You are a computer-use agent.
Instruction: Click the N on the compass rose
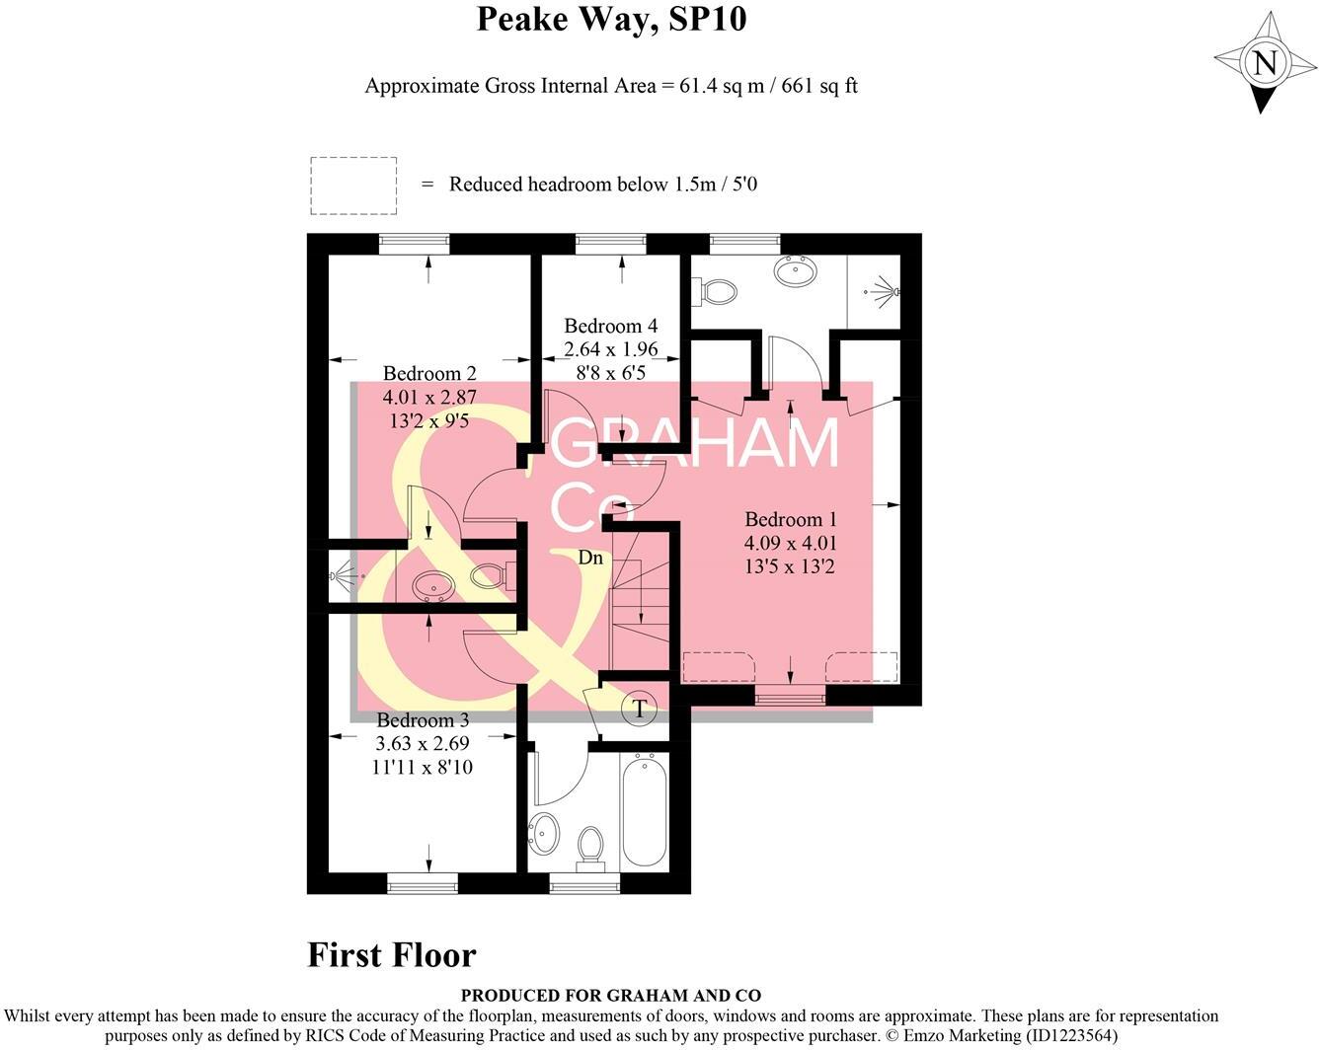click(x=1264, y=63)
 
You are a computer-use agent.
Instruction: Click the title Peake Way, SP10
click(x=611, y=19)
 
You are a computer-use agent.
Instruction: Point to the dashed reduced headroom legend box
click(x=353, y=186)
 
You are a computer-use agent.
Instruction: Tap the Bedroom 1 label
click(x=790, y=519)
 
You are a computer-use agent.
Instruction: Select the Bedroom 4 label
click(x=610, y=326)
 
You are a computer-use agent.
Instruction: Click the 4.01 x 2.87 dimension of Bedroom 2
click(x=429, y=397)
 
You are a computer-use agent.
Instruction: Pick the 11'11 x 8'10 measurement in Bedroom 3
click(x=423, y=767)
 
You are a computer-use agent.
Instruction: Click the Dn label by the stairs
click(x=589, y=558)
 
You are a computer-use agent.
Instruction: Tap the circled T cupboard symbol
click(x=640, y=708)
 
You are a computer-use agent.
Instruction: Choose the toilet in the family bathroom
click(x=590, y=848)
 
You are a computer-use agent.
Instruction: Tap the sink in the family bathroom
click(x=543, y=834)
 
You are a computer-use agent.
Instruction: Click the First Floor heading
click(x=392, y=955)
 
